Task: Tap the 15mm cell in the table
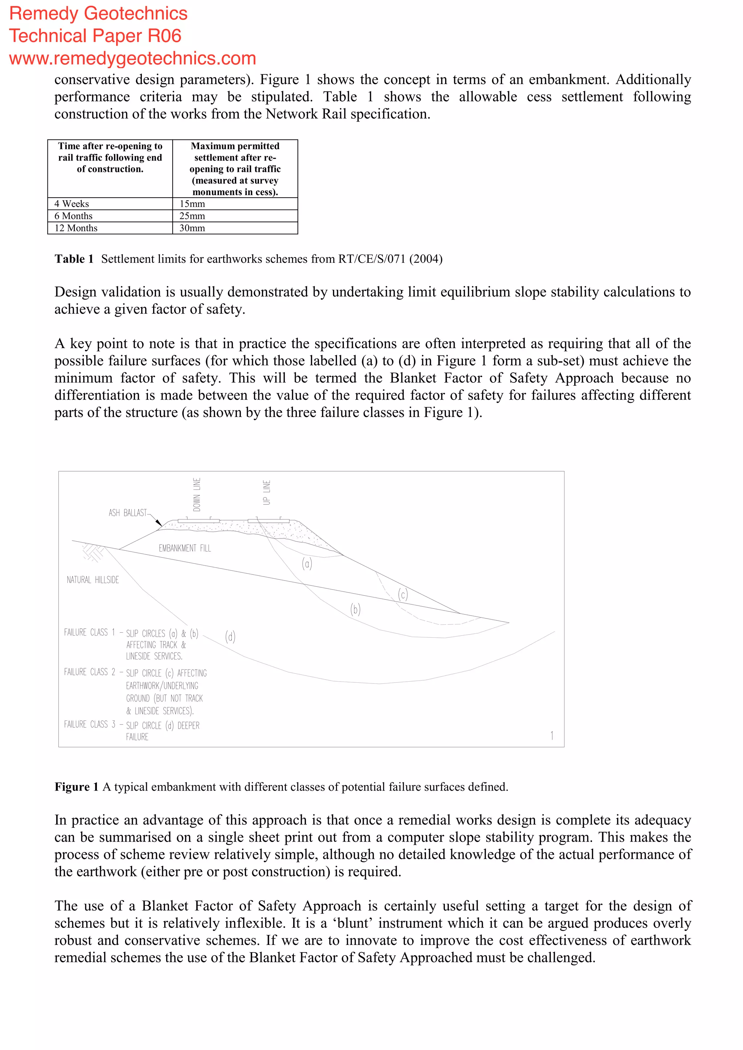(x=192, y=204)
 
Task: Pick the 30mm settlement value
(x=192, y=228)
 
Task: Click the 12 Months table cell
(x=76, y=228)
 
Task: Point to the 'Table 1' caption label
(x=74, y=259)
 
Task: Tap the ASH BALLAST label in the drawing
(x=128, y=513)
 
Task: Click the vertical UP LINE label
(x=267, y=492)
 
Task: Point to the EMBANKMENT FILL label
(x=185, y=548)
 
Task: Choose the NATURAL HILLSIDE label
(x=93, y=580)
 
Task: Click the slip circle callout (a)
(x=307, y=563)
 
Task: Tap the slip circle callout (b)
(x=356, y=609)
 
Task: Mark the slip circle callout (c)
(x=403, y=594)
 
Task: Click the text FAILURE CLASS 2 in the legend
(x=90, y=672)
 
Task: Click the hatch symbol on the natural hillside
(x=93, y=552)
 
